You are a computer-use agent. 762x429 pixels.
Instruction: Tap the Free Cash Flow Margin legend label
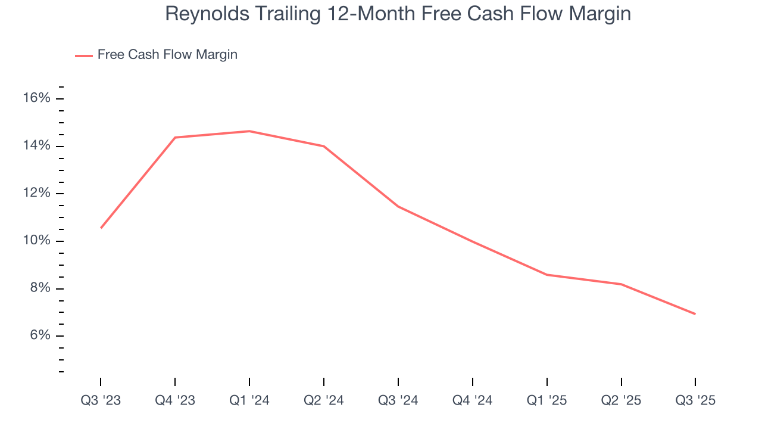[167, 55]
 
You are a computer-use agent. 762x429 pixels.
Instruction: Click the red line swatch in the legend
[83, 55]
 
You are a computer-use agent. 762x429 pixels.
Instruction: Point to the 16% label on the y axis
[37, 98]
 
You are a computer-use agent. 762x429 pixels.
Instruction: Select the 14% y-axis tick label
[37, 146]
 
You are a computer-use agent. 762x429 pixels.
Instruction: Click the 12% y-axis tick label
[37, 193]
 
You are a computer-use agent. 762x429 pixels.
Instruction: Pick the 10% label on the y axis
[37, 241]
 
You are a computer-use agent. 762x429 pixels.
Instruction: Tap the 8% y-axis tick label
[40, 288]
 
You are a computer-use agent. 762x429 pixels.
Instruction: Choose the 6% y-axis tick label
[40, 335]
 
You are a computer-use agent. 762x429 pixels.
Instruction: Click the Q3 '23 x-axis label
[101, 401]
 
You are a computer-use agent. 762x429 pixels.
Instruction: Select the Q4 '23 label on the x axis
[175, 401]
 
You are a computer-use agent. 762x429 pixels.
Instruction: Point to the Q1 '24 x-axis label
[249, 401]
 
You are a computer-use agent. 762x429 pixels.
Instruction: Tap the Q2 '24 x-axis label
[324, 401]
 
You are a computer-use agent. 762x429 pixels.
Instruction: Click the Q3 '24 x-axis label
[398, 401]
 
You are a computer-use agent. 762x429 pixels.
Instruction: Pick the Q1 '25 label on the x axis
[546, 401]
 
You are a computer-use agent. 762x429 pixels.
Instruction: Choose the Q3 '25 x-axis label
[695, 401]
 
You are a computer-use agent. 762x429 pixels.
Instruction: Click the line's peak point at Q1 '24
[249, 131]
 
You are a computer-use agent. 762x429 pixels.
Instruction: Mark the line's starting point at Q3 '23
[101, 228]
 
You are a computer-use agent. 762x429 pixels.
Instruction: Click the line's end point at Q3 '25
[695, 314]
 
